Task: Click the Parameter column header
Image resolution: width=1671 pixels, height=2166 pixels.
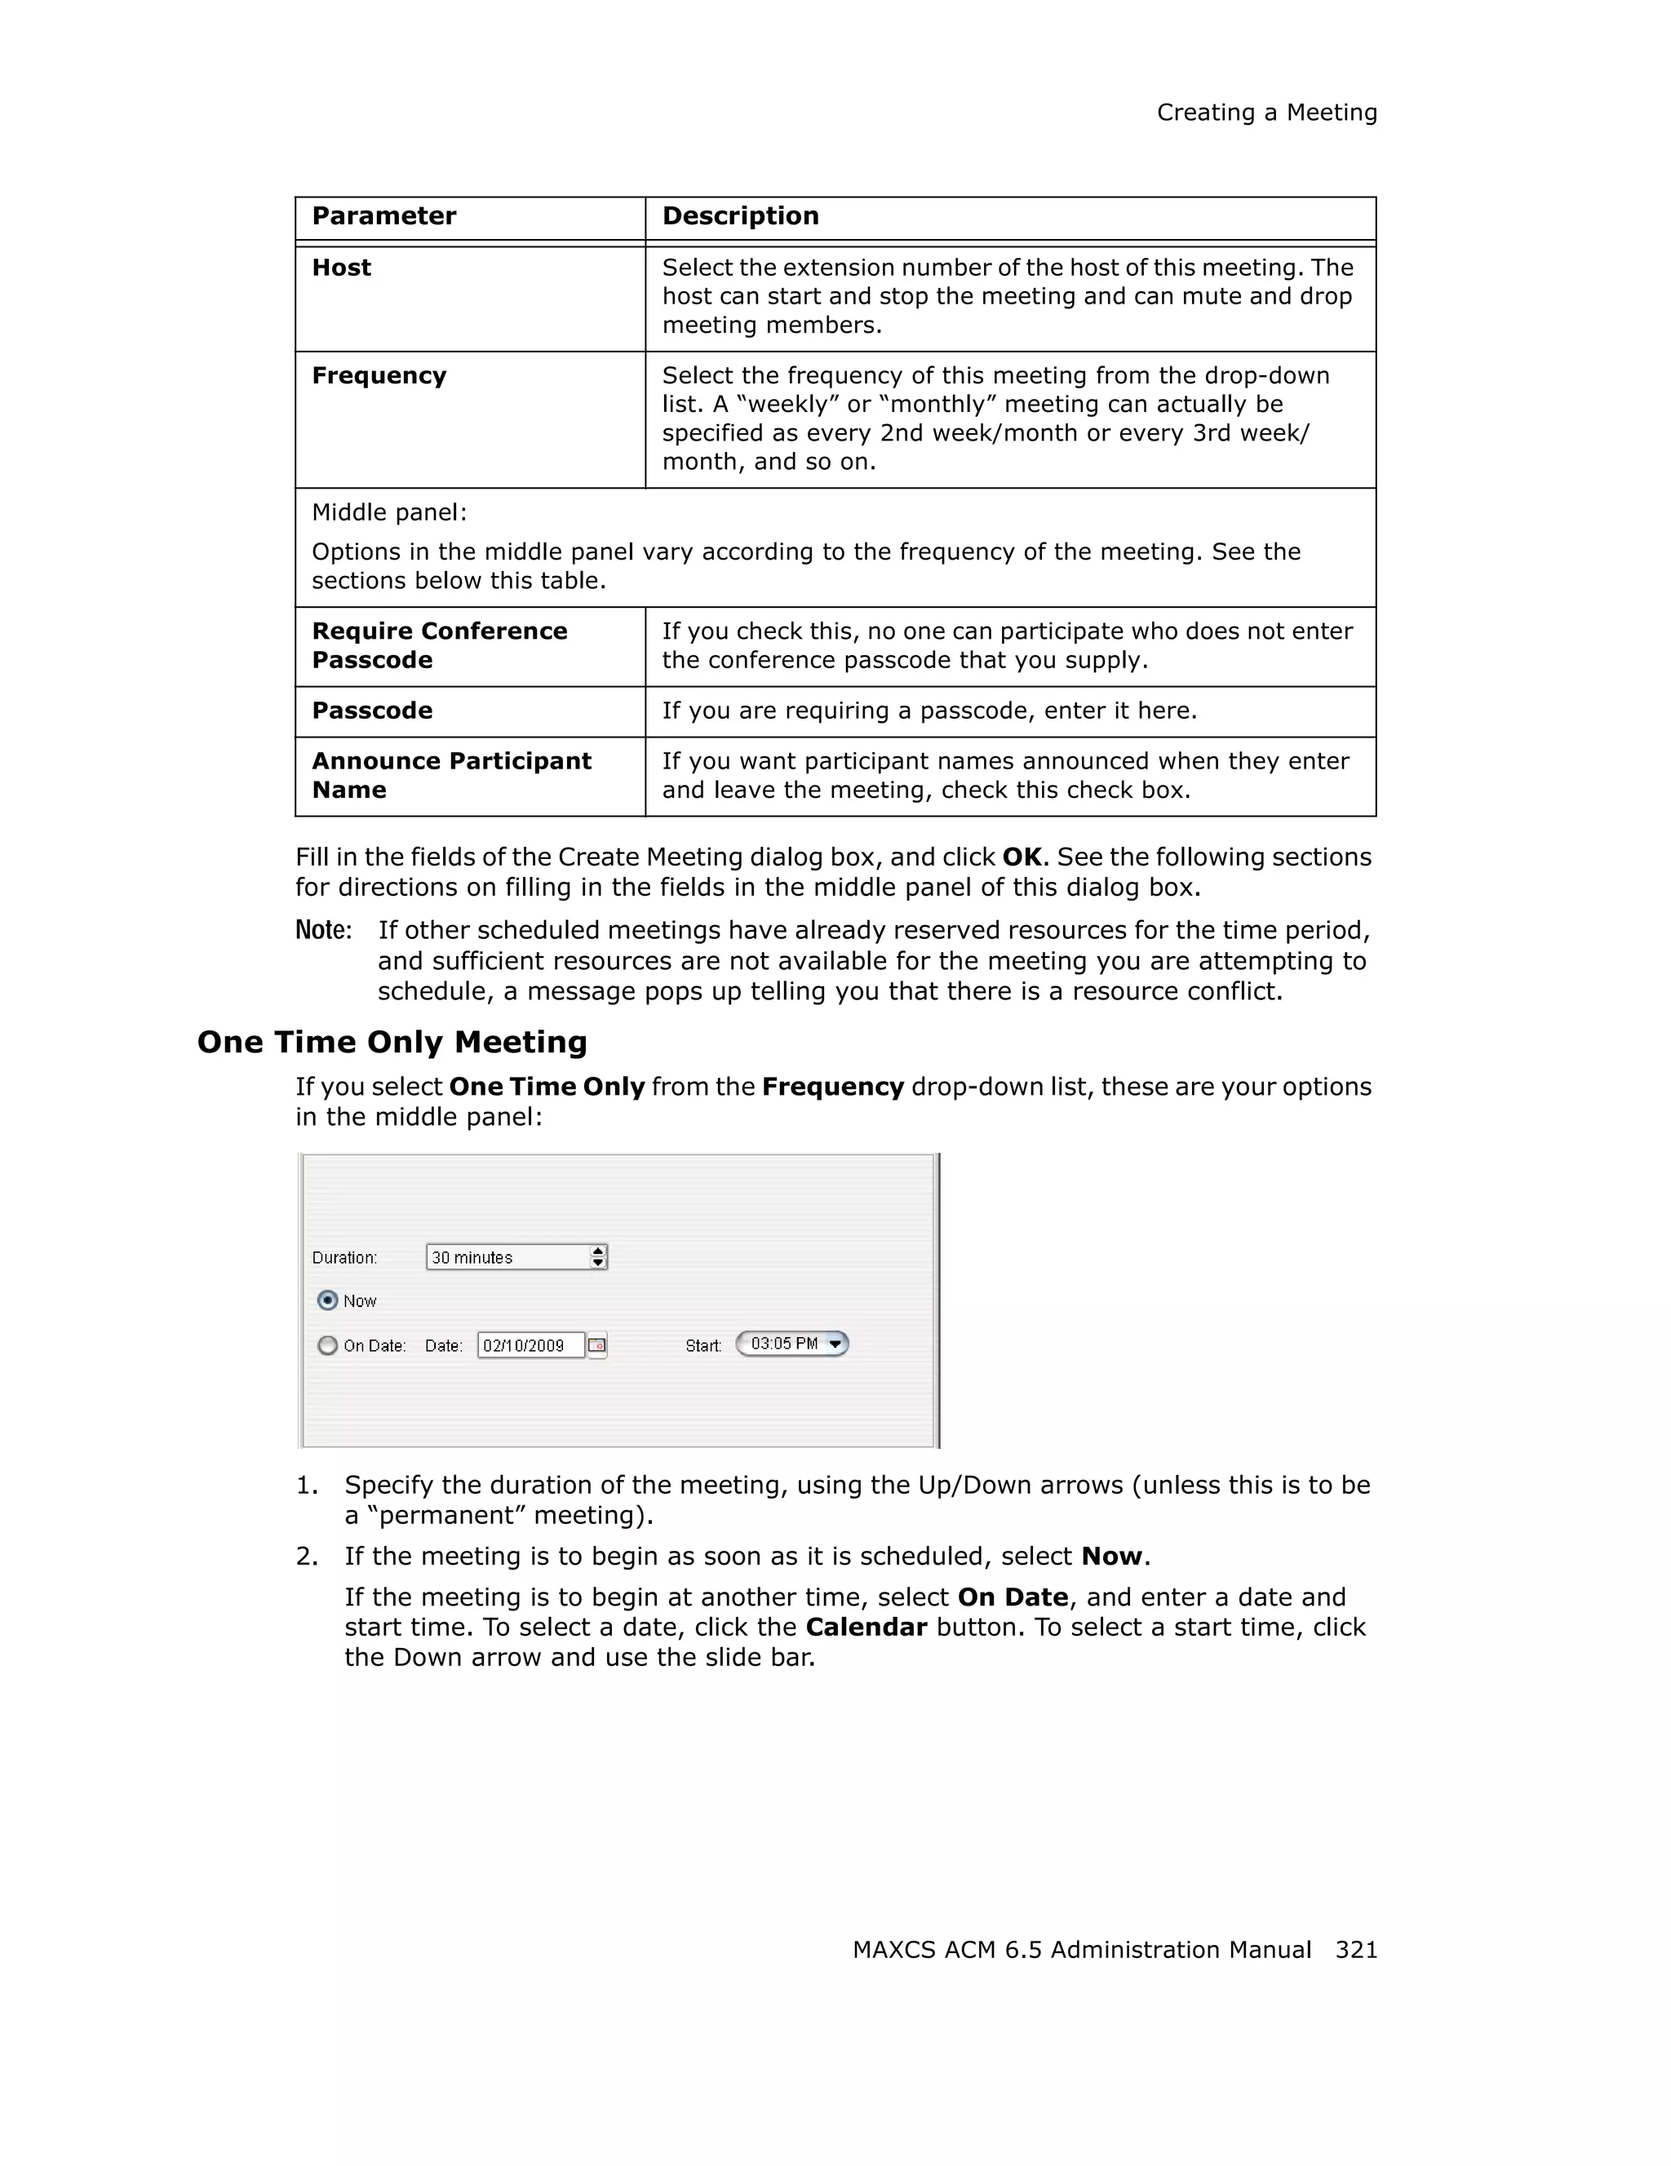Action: click(383, 216)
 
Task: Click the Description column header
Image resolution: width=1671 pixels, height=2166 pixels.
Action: click(740, 216)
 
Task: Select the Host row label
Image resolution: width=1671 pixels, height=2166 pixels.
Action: click(341, 268)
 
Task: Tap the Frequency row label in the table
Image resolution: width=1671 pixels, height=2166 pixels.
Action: click(379, 376)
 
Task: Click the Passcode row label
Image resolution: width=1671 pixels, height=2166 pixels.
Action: click(372, 711)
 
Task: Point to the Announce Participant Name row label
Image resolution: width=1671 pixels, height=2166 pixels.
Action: click(451, 776)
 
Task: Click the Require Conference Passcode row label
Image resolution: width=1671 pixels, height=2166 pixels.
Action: click(439, 645)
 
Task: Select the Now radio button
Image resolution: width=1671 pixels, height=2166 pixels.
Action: click(327, 1300)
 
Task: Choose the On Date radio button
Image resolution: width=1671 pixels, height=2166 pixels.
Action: click(327, 1346)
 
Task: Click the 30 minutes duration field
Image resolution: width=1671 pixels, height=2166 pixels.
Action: click(507, 1257)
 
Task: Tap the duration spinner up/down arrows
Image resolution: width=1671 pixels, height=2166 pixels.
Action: click(598, 1257)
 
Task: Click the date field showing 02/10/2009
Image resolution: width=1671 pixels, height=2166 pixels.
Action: click(530, 1346)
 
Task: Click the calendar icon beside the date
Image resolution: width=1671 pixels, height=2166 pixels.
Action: click(597, 1346)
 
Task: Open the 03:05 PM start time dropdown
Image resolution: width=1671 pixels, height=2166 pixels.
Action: click(835, 1344)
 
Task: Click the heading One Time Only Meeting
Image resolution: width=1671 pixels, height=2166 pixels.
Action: click(392, 1043)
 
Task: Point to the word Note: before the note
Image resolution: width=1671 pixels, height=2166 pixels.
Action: click(323, 930)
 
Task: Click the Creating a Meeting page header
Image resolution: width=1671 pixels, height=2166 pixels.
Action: click(1266, 113)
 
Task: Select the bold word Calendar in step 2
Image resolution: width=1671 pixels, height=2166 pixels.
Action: click(866, 1628)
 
